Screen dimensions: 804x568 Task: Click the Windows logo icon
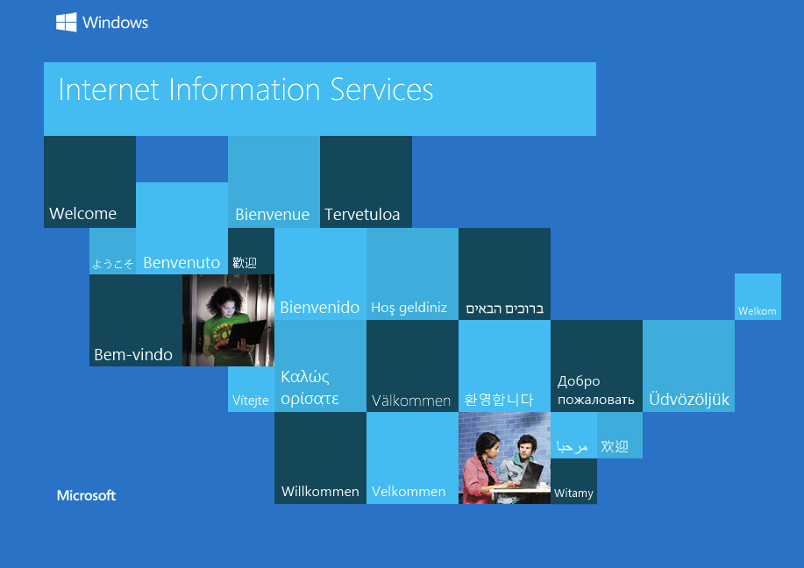pyautogui.click(x=66, y=22)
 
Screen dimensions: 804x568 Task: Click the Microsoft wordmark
pyautogui.click(x=86, y=495)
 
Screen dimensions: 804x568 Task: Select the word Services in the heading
pyautogui.click(x=382, y=89)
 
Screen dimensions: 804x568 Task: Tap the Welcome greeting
pyautogui.click(x=82, y=213)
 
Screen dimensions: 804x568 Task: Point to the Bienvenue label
pyautogui.click(x=273, y=214)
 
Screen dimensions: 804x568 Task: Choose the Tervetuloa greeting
pyautogui.click(x=362, y=214)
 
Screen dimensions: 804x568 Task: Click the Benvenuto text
pyautogui.click(x=181, y=262)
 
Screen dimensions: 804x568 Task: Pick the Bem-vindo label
pyautogui.click(x=133, y=354)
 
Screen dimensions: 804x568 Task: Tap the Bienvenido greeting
pyautogui.click(x=319, y=307)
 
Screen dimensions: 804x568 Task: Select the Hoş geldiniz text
pyautogui.click(x=409, y=308)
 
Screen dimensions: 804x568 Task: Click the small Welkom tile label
pyautogui.click(x=758, y=310)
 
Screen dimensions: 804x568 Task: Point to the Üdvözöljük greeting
pyautogui.click(x=688, y=399)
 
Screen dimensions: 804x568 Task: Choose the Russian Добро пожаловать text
pyautogui.click(x=596, y=390)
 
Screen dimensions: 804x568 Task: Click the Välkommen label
pyautogui.click(x=410, y=401)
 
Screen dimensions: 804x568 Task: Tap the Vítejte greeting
pyautogui.click(x=250, y=401)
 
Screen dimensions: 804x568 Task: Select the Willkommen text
pyautogui.click(x=320, y=491)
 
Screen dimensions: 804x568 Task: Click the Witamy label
pyautogui.click(x=573, y=493)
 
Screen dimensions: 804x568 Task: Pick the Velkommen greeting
pyautogui.click(x=409, y=491)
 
